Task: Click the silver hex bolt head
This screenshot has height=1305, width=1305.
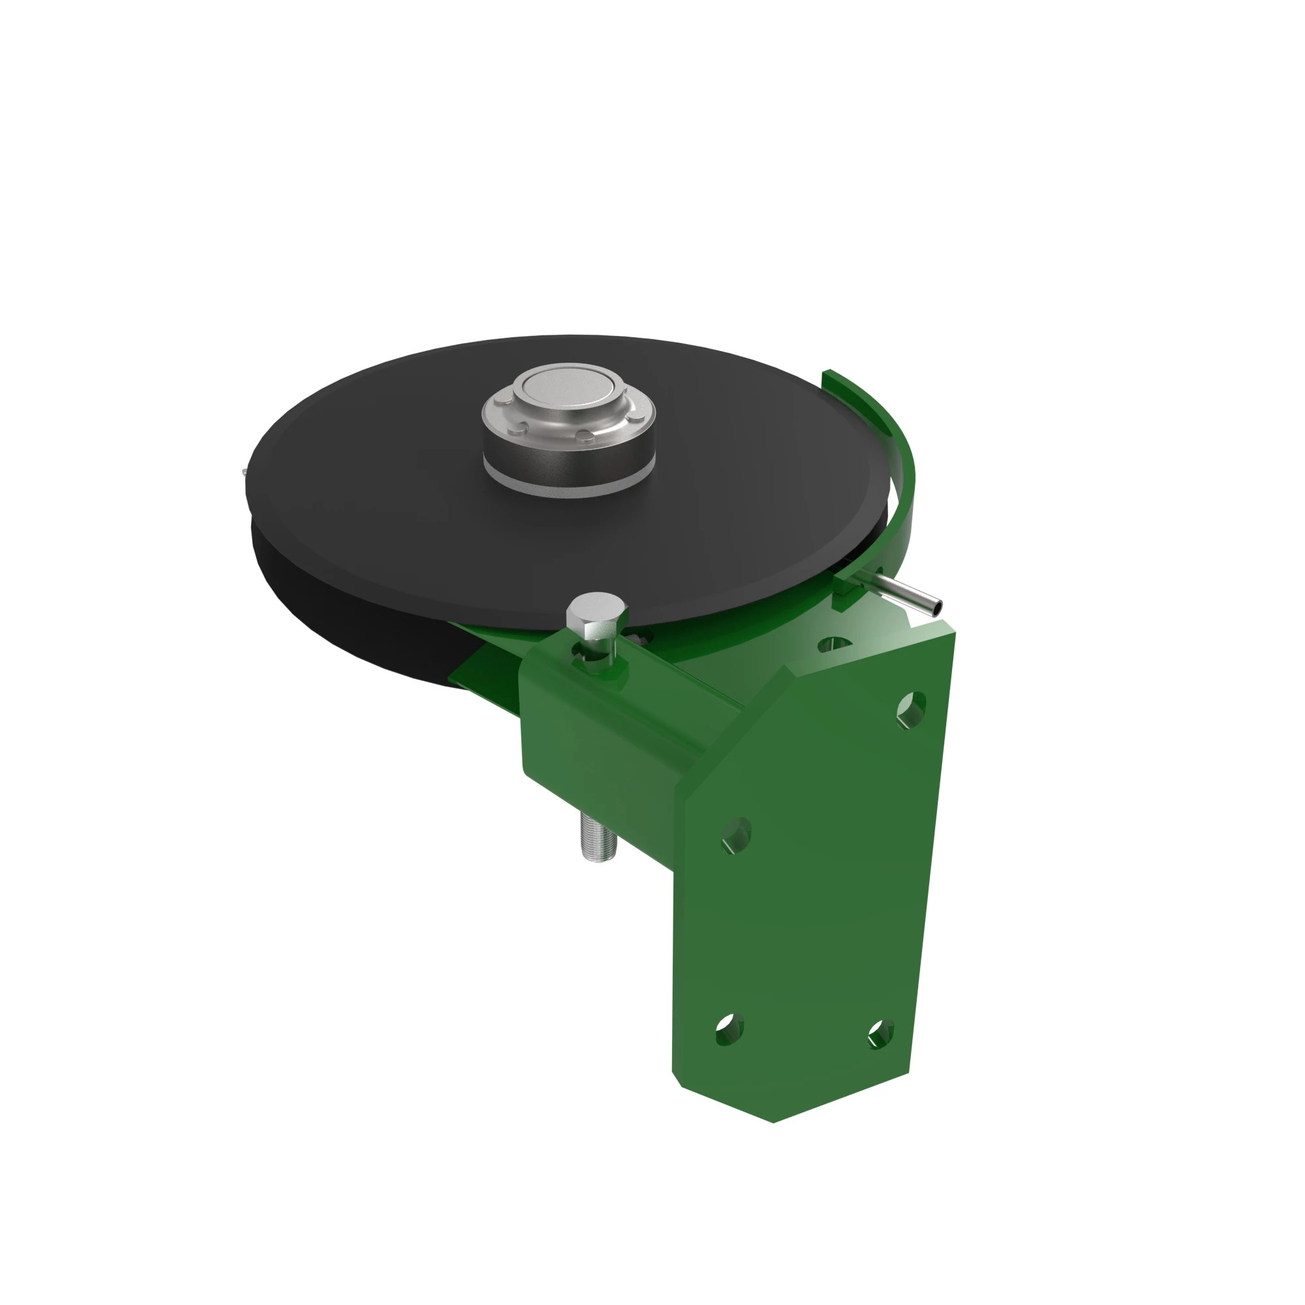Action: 594,611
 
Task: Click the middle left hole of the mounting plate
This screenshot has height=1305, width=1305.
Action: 736,837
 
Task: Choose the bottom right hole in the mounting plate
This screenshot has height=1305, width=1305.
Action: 880,1034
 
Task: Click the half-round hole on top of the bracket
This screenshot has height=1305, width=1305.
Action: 834,644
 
